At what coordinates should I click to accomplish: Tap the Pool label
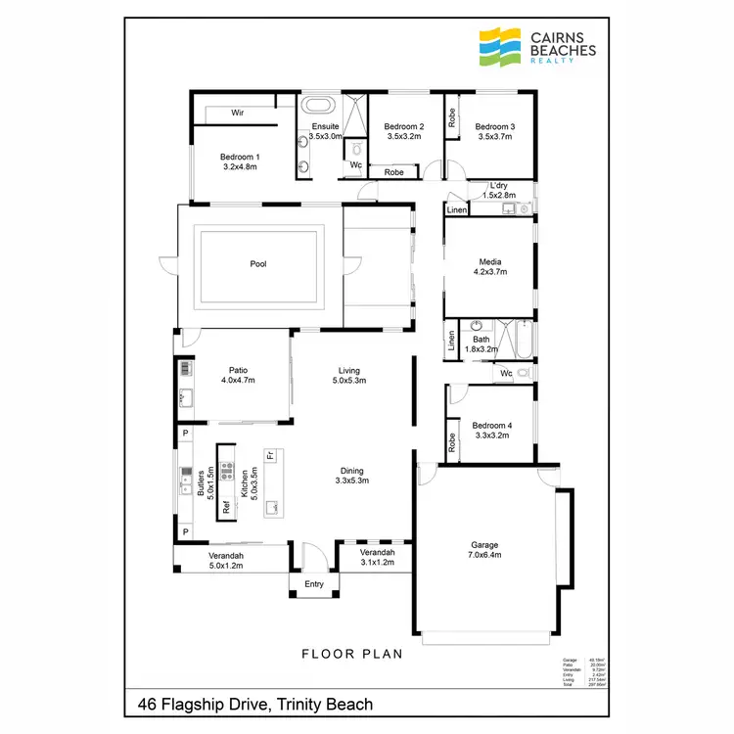(x=258, y=263)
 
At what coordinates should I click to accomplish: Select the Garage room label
(x=483, y=545)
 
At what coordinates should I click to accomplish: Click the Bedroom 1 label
(x=240, y=157)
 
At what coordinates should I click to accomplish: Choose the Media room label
(x=490, y=261)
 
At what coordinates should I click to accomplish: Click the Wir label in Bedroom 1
(x=237, y=114)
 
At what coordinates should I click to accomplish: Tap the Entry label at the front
(x=313, y=584)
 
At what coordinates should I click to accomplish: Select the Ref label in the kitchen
(x=226, y=507)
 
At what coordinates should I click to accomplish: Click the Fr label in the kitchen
(x=271, y=456)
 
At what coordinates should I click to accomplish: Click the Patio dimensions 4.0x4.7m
(x=238, y=381)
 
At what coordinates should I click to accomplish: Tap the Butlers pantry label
(x=201, y=483)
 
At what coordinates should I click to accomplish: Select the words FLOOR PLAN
(x=350, y=655)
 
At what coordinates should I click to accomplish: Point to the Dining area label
(x=349, y=470)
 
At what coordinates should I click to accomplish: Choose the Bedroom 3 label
(x=495, y=127)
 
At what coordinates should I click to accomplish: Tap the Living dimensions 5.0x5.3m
(x=349, y=381)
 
